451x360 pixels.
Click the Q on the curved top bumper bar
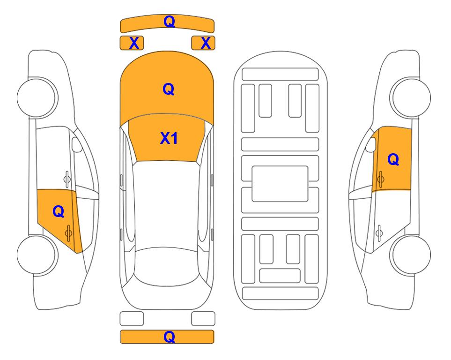click(169, 22)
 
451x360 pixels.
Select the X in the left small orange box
click(134, 43)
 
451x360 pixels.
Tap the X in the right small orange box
click(206, 43)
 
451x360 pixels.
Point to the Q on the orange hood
click(169, 89)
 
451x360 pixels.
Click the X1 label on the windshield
click(169, 138)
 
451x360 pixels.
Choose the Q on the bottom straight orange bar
click(169, 337)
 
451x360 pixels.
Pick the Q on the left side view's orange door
click(59, 212)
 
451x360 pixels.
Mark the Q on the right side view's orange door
click(393, 159)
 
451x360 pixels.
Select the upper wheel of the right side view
click(411, 97)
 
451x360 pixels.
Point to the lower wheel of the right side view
click(411, 255)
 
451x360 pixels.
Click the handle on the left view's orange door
click(68, 233)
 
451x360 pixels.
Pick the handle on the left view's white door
click(67, 179)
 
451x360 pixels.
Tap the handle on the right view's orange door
click(381, 179)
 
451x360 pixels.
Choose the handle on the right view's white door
click(379, 233)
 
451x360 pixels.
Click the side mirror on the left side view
click(77, 144)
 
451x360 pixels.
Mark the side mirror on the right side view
click(371, 144)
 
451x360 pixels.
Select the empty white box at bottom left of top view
click(132, 319)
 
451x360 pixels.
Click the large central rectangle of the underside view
click(280, 184)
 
